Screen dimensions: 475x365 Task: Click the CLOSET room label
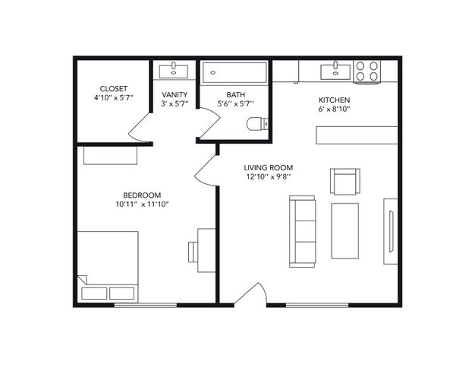coord(114,89)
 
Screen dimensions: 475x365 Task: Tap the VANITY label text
coord(175,94)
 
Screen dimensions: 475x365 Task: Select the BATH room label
coord(236,95)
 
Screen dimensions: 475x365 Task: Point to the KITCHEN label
coord(334,100)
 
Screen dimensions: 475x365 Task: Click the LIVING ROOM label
coord(269,167)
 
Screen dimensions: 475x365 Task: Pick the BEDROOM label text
coord(142,195)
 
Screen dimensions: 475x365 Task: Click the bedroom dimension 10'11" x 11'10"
coord(142,204)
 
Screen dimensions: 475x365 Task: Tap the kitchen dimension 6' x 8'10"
coord(334,109)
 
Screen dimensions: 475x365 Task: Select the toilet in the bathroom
coord(257,124)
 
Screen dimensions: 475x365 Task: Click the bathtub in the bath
coord(234,72)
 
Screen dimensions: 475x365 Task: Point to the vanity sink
coord(174,71)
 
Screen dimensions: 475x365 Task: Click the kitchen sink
coord(335,71)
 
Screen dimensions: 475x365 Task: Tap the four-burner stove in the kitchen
coord(366,71)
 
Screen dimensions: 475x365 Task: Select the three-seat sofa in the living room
coord(302,231)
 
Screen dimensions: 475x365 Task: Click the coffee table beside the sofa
coord(345,231)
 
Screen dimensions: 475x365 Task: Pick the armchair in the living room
coord(345,181)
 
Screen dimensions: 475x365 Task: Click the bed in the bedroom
coord(108,267)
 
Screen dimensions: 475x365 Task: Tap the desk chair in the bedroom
coord(193,252)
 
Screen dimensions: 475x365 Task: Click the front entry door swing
coord(251,294)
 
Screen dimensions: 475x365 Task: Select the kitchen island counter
coord(357,135)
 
